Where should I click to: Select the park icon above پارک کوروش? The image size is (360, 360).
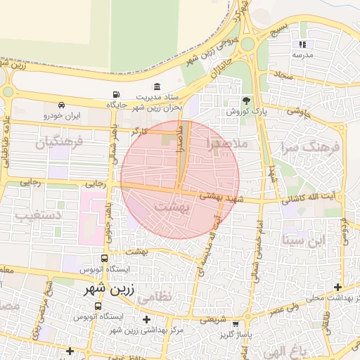[245, 101]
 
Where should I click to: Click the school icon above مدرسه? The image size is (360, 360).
[303, 44]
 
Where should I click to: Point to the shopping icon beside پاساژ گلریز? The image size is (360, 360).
[235, 324]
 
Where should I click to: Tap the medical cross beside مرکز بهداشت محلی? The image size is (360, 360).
[338, 287]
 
